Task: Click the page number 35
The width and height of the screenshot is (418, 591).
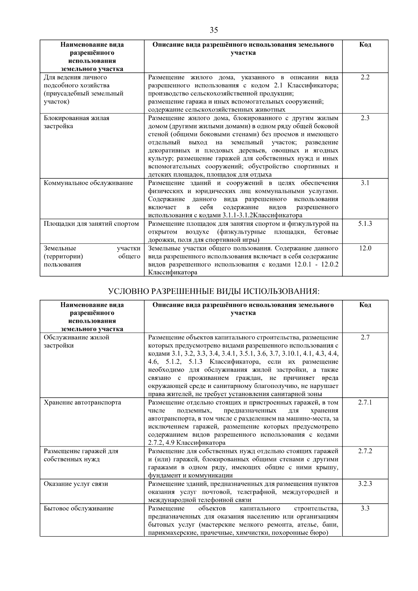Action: [x=214, y=30]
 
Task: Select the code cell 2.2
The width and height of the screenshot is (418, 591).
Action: [x=365, y=77]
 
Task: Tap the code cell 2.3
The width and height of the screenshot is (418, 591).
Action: [x=365, y=118]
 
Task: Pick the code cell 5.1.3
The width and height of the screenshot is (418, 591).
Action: [x=365, y=224]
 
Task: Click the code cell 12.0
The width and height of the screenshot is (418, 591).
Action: [x=365, y=248]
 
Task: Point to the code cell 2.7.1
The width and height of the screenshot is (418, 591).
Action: [x=365, y=402]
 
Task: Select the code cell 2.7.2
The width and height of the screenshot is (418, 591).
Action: [x=365, y=451]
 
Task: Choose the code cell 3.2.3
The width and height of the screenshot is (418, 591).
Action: [x=365, y=484]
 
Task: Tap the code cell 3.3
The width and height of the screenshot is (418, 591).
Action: [x=365, y=508]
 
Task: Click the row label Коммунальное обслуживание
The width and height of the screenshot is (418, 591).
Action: [x=88, y=183]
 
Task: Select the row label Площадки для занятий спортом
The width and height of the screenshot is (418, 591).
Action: [x=91, y=224]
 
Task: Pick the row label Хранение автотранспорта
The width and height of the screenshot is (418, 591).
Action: [x=83, y=403]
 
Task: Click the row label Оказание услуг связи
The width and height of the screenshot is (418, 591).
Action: [x=76, y=484]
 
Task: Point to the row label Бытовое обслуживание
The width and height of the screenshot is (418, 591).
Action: [x=79, y=508]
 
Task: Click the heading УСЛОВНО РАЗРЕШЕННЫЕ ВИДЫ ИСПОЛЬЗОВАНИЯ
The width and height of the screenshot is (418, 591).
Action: [x=214, y=291]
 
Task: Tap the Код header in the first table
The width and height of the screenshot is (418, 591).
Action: [x=365, y=45]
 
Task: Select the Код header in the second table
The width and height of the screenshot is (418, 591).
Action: [x=365, y=305]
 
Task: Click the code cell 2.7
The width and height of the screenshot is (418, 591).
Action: [x=365, y=337]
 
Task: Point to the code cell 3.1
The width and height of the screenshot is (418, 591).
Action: [x=365, y=183]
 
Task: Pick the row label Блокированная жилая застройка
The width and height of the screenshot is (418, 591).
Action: [x=77, y=122]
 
